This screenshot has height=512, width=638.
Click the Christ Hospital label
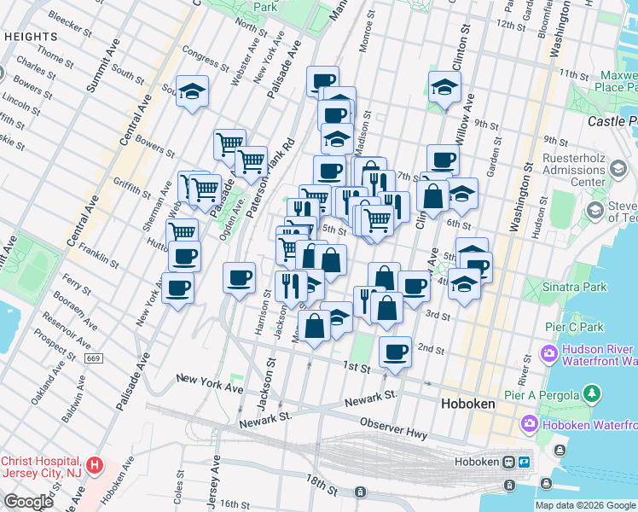(x=42, y=467)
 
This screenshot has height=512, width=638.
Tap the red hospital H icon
(x=96, y=467)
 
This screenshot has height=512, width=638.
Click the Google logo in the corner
(x=29, y=502)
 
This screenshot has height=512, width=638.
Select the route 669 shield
(x=94, y=358)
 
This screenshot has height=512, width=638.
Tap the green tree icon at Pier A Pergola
(x=590, y=394)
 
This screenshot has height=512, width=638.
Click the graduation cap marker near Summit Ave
(x=192, y=91)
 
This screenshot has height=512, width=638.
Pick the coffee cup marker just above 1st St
(x=395, y=352)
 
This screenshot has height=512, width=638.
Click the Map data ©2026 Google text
(x=586, y=505)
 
